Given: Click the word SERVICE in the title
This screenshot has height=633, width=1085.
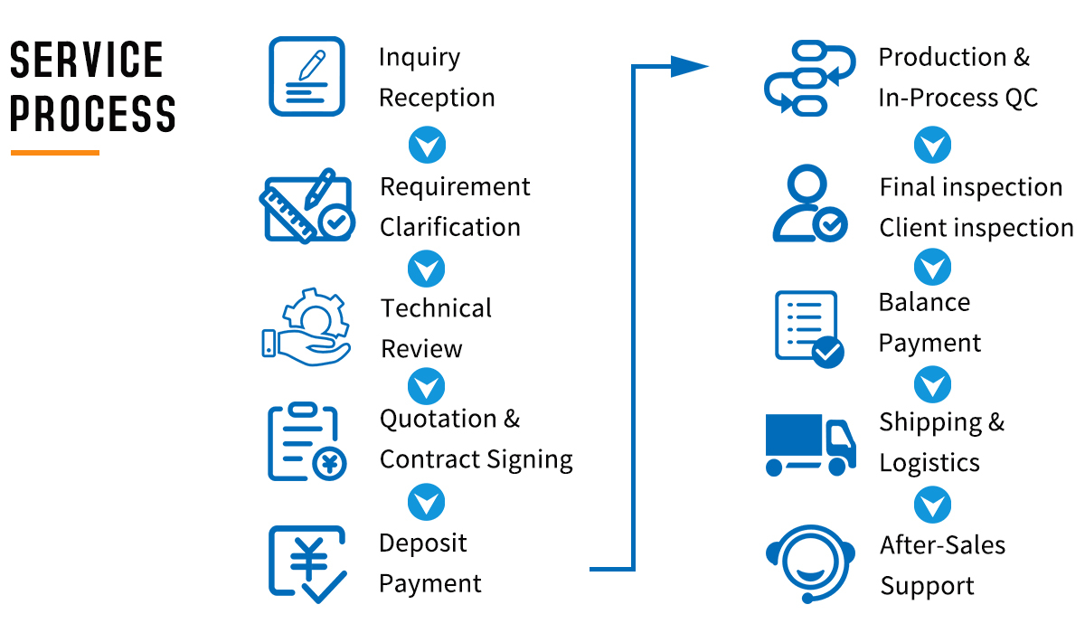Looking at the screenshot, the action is coord(87,61).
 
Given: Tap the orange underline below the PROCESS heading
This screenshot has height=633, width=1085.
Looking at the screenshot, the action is coord(54,153).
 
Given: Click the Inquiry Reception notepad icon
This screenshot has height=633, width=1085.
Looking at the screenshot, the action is coord(307,76).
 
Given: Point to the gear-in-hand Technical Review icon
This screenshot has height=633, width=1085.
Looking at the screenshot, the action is coord(306,326).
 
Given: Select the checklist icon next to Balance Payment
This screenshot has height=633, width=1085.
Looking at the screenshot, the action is coord(808,327).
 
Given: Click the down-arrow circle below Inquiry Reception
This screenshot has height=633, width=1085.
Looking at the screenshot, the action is coord(427,145).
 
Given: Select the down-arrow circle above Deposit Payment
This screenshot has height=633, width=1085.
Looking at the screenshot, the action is coord(427,503).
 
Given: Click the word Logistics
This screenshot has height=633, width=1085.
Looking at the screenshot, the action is coord(929,463).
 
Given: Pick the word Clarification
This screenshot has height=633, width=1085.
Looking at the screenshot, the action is coord(449,227).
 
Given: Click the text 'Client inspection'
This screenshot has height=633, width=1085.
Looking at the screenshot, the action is coord(976,228).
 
